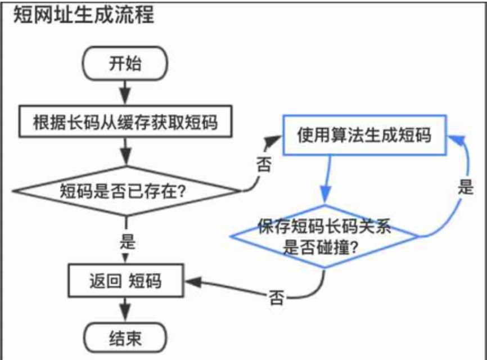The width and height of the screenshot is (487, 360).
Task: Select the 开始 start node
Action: point(125,63)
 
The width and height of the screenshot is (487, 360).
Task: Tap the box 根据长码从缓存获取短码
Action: point(125,121)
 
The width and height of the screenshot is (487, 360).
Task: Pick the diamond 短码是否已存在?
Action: point(125,191)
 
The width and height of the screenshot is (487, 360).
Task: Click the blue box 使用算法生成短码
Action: point(364,135)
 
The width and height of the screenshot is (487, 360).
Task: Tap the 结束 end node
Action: point(125,339)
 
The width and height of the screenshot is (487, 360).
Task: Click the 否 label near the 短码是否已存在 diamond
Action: point(263,163)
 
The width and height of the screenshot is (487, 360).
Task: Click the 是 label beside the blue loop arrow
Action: point(465,188)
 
